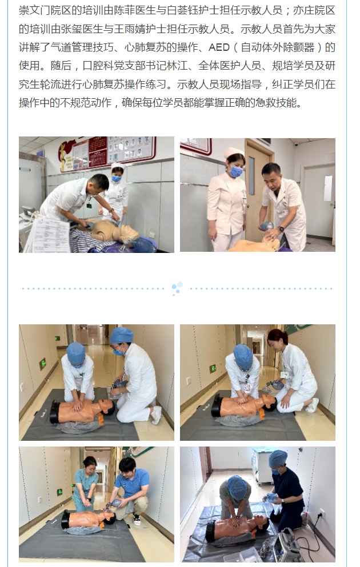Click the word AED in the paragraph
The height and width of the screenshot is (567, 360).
point(219,47)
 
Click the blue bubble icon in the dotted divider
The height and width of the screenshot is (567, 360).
point(177,288)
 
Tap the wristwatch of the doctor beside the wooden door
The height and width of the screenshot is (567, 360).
point(281,229)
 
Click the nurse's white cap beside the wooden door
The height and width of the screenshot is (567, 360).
point(233,152)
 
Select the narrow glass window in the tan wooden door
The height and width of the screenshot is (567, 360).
point(251,175)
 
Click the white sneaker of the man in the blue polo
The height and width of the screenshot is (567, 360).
point(137,519)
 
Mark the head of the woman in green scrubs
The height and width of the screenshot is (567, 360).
point(90,464)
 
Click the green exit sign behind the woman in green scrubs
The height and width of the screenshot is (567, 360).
point(59,492)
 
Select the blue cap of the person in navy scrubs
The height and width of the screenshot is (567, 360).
point(278,459)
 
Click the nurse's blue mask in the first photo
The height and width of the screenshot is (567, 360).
point(117,178)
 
